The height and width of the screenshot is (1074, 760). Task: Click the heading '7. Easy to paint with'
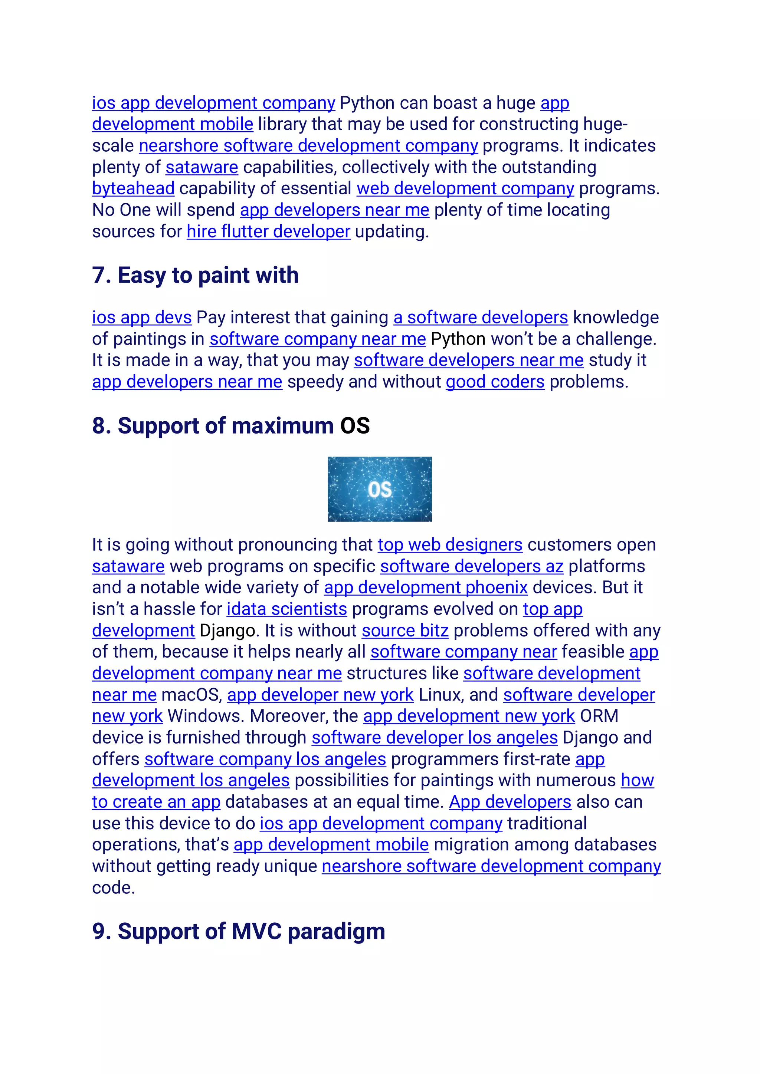coord(195,275)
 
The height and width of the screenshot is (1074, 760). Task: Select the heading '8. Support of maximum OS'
coord(231,426)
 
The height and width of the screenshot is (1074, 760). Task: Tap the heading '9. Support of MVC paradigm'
coord(238,931)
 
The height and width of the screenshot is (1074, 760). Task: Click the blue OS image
coord(380,489)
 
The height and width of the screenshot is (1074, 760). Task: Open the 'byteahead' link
coord(133,188)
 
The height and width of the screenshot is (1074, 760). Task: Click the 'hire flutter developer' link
coord(268,231)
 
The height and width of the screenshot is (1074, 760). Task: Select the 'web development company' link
coord(465,188)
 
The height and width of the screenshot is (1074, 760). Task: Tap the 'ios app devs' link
coord(142,317)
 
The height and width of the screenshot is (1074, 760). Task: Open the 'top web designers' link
coord(450,545)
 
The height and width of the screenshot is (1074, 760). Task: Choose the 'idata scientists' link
coord(287,609)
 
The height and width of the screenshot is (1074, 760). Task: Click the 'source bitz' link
coord(405,630)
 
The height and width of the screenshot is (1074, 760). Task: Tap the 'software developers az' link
coord(471,566)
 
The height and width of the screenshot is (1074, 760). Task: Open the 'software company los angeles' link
coord(265,759)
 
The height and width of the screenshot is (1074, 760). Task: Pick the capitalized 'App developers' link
coord(510,802)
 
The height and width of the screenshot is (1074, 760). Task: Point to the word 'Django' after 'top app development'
coord(228,630)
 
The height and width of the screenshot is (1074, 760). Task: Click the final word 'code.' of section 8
coord(113,888)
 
